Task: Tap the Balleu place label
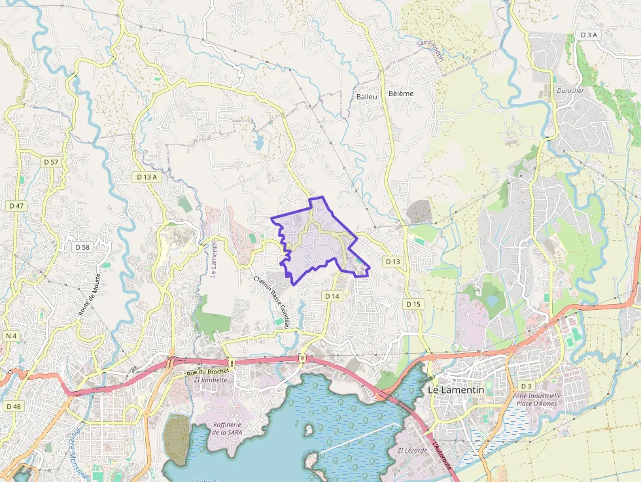(x=367, y=96)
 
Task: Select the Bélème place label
(x=401, y=94)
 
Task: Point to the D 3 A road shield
(x=589, y=35)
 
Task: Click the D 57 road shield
(x=51, y=162)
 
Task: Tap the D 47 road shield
(x=16, y=205)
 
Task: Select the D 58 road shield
(x=82, y=247)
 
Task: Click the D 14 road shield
(x=332, y=296)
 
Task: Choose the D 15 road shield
(x=413, y=304)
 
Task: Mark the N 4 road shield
(x=10, y=336)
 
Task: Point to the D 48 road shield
(x=14, y=406)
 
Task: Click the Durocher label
(x=569, y=90)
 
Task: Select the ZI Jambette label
(x=211, y=380)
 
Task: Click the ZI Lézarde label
(x=412, y=451)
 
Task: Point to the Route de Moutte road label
(x=89, y=295)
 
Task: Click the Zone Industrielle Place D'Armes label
(x=537, y=400)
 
